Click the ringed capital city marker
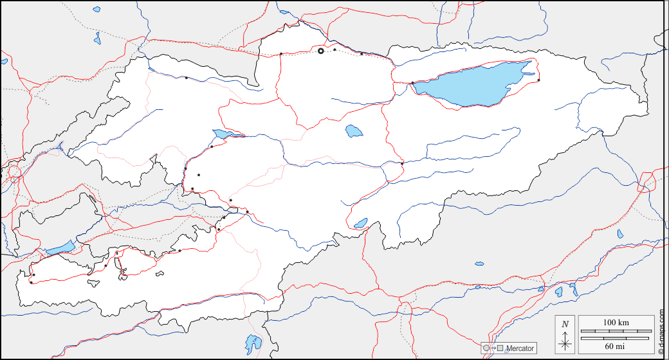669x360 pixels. [x=321, y=51]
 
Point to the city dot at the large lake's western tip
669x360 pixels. [x=412, y=83]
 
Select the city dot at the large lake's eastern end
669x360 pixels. [x=538, y=80]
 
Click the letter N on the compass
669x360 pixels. [x=565, y=324]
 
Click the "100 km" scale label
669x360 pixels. [x=616, y=322]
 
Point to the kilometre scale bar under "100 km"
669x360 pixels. [x=616, y=332]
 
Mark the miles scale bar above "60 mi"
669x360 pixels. [x=616, y=337]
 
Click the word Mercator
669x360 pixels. [x=520, y=348]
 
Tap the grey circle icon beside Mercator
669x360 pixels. [x=486, y=348]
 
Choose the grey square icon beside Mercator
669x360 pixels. [x=500, y=348]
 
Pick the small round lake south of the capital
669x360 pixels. [x=354, y=131]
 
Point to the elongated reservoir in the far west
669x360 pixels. [x=59, y=248]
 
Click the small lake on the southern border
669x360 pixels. [x=360, y=224]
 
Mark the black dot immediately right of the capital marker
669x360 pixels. [x=334, y=50]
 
